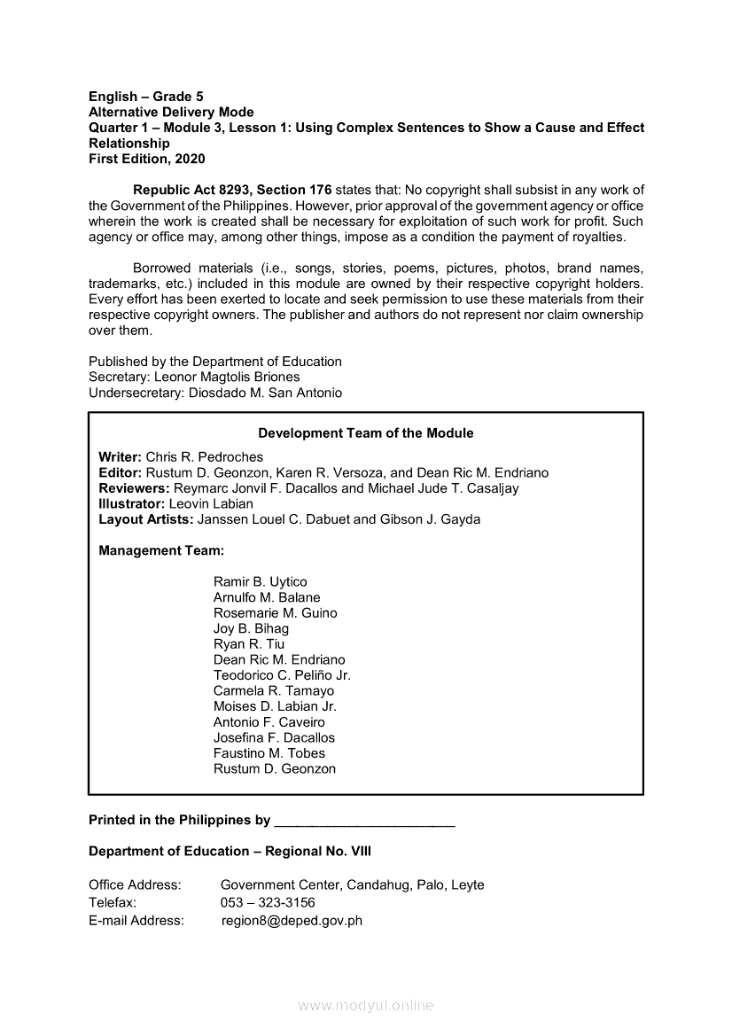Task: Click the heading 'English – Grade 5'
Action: (146, 97)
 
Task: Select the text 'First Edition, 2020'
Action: (146, 159)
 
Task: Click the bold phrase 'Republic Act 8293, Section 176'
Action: (232, 190)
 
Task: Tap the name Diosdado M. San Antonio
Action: (265, 393)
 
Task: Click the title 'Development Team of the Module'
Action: (365, 433)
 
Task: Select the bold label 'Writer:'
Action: (121, 457)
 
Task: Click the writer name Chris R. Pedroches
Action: (204, 457)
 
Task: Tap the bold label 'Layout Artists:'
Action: (146, 519)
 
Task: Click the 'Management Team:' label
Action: (161, 550)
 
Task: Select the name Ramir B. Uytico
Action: (261, 582)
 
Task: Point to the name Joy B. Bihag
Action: (251, 628)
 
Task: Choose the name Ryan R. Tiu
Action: (249, 644)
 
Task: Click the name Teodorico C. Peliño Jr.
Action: (282, 675)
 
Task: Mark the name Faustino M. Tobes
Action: (269, 753)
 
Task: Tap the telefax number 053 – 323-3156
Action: (268, 902)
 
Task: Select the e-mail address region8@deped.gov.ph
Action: (292, 920)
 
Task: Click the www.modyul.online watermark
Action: (366, 1006)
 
